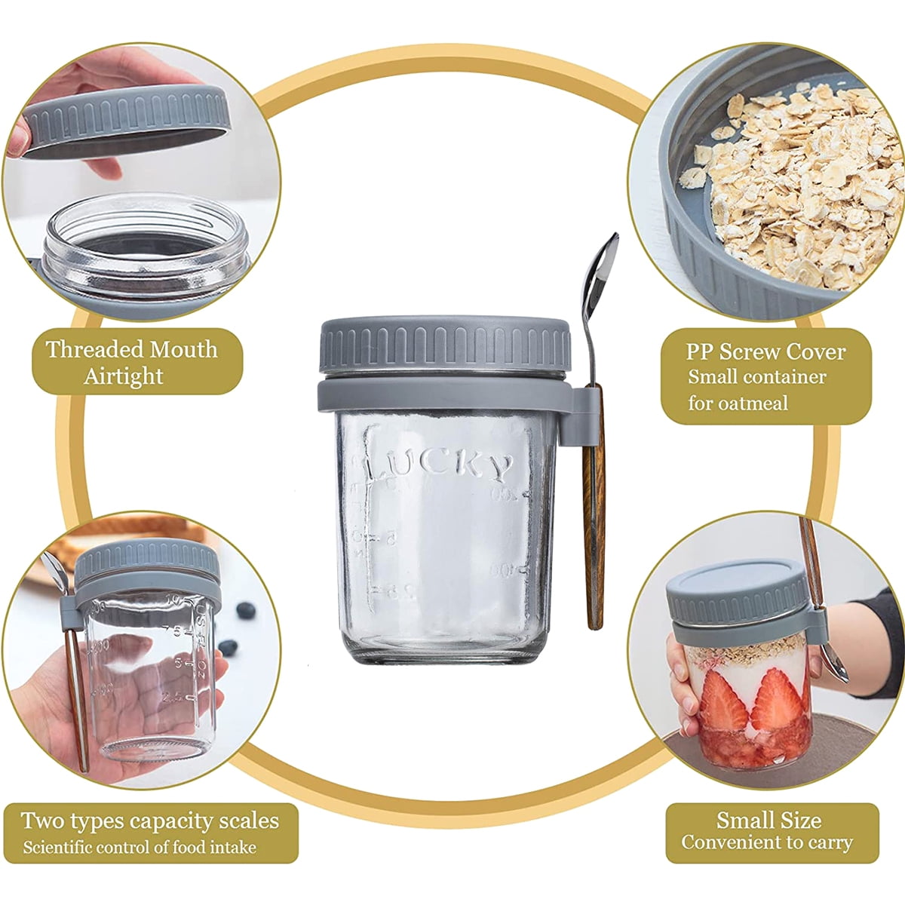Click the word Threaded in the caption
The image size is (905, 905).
(x=94, y=349)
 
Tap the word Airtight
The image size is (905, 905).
(x=123, y=376)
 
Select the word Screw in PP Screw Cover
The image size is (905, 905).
(x=750, y=351)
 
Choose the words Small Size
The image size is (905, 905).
(x=768, y=819)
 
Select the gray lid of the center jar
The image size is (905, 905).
(x=445, y=343)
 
